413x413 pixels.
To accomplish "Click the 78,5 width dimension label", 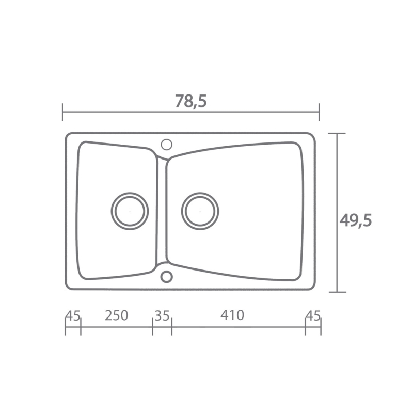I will click(190, 101).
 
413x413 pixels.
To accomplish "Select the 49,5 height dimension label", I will click(356, 220).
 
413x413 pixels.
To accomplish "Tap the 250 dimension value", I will click(116, 315).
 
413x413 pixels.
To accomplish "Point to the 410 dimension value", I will click(232, 315).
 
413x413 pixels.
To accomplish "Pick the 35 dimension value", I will click(162, 315).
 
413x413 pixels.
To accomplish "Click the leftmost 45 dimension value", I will click(73, 315).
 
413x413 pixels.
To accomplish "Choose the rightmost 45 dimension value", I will click(313, 315).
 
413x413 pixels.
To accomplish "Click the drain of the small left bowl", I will click(130, 211).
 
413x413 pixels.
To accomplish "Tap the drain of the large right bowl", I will click(200, 211).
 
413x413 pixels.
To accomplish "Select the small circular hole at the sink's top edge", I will click(167, 144).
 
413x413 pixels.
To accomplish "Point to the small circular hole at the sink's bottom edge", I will click(166, 277).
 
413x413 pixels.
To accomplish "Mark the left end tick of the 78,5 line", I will click(63, 112).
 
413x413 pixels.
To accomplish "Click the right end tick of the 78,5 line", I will click(319, 112).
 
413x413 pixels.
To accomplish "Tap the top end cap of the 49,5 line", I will click(337, 133).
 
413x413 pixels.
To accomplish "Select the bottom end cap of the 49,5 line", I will click(337, 292).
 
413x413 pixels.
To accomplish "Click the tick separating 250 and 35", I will click(153, 326).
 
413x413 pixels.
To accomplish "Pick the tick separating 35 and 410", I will click(171, 326).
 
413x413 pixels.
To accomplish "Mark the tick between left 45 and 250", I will click(81, 326).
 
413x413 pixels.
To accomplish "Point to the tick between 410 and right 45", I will click(306, 326).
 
